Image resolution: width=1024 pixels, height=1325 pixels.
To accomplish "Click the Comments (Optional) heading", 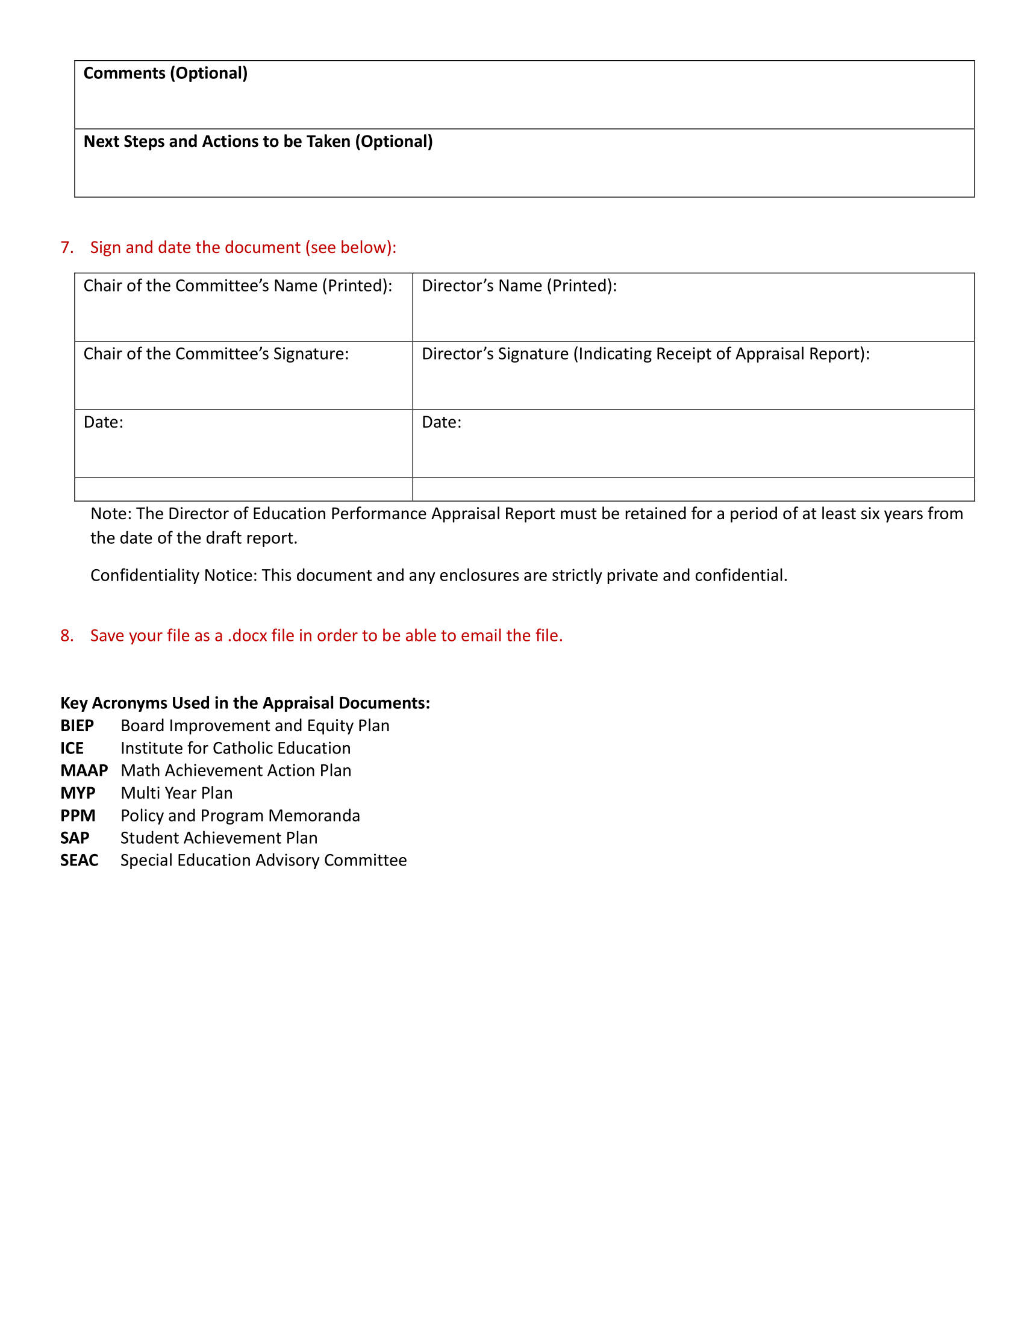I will click(165, 73).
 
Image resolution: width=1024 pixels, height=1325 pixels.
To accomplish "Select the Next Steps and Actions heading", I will click(258, 142).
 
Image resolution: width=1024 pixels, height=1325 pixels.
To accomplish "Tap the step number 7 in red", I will click(66, 248).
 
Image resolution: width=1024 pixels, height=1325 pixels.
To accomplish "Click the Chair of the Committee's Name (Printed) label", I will click(237, 285).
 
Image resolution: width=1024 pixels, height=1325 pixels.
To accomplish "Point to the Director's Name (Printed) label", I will click(519, 285).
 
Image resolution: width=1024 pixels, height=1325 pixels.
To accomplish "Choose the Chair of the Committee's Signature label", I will click(216, 354).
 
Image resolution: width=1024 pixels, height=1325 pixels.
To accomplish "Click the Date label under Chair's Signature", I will click(103, 422).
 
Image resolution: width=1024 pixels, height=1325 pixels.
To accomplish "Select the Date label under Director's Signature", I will click(441, 422).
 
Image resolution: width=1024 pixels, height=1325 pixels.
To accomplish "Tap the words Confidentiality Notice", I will click(173, 575).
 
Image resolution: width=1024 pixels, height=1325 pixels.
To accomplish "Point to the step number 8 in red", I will click(66, 635).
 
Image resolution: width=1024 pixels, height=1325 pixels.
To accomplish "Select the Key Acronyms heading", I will click(245, 702).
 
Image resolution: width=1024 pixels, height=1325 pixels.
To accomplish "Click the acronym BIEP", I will click(77, 726).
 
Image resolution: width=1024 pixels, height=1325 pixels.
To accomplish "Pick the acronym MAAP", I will click(84, 770).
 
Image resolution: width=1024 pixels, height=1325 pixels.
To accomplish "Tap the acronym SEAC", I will click(79, 860).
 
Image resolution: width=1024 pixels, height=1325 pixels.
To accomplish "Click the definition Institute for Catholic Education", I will click(236, 748).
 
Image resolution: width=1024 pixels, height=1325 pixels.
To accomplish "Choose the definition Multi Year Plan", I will click(176, 793).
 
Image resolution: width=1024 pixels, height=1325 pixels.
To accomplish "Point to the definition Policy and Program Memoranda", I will click(240, 815).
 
